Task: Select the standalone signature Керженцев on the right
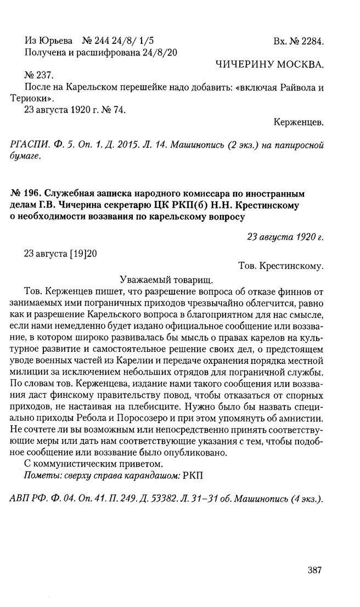298,122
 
